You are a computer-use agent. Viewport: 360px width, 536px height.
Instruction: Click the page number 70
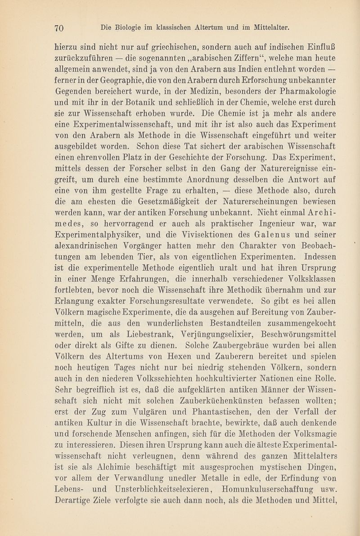60,28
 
